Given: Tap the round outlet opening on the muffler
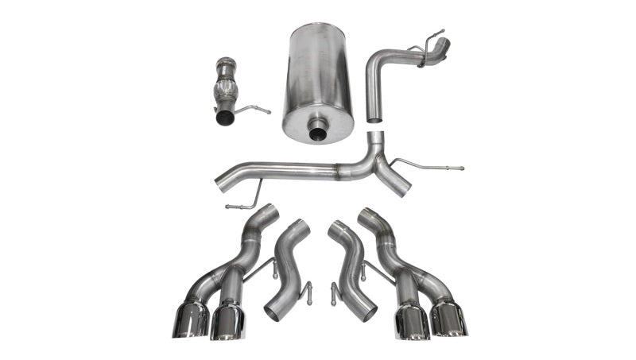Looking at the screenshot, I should tap(316, 130).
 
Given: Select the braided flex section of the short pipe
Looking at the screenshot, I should tap(227, 87).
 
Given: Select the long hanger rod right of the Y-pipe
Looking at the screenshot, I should tap(429, 166).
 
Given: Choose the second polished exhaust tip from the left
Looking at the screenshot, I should tap(228, 322).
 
